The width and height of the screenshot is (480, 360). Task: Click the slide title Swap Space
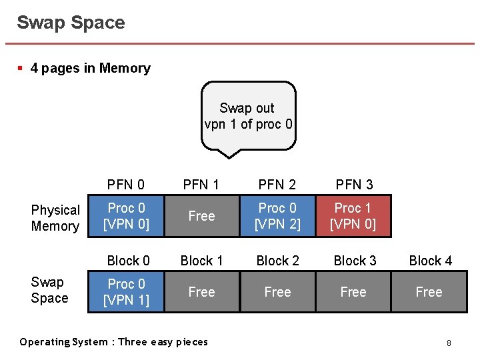pyautogui.click(x=71, y=23)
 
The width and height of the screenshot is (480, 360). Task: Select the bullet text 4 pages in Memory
pyautogui.click(x=90, y=68)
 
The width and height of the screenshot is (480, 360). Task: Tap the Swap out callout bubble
pyautogui.click(x=248, y=116)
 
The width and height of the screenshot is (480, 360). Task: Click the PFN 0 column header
pyautogui.click(x=126, y=184)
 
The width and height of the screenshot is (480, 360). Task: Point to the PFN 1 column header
pyautogui.click(x=201, y=184)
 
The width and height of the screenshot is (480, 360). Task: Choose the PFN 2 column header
pyautogui.click(x=277, y=184)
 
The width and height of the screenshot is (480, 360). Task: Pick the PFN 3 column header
pyautogui.click(x=354, y=184)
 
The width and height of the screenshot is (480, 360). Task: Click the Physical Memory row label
pyautogui.click(x=55, y=218)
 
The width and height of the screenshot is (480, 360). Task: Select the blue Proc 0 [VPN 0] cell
pyautogui.click(x=126, y=216)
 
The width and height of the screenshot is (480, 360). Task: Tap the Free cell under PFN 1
pyautogui.click(x=201, y=216)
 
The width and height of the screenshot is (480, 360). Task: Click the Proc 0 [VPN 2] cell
pyautogui.click(x=277, y=216)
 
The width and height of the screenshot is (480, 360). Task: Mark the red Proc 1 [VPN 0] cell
pyautogui.click(x=353, y=216)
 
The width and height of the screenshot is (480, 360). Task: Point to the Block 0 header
pyautogui.click(x=129, y=261)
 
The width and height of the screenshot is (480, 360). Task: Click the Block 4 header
pyautogui.click(x=430, y=261)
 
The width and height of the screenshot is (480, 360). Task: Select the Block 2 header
pyautogui.click(x=278, y=261)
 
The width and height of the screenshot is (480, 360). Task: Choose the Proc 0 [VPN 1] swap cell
pyautogui.click(x=126, y=292)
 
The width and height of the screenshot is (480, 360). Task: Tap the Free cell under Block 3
pyautogui.click(x=353, y=292)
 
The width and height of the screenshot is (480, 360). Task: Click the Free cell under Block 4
pyautogui.click(x=429, y=292)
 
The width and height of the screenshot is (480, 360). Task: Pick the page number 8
pyautogui.click(x=449, y=343)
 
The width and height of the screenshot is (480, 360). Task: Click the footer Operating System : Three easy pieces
pyautogui.click(x=113, y=342)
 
